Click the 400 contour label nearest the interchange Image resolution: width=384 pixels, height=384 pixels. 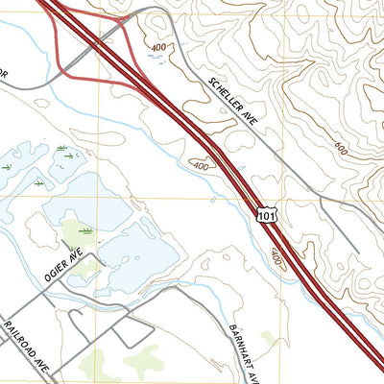156,47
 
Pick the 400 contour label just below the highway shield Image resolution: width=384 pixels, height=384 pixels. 277,257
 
